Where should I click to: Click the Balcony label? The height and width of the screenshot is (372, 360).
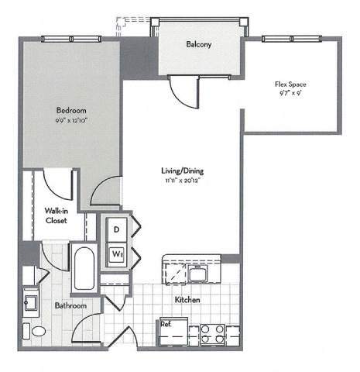click(199, 44)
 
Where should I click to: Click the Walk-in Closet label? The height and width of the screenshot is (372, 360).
click(55, 215)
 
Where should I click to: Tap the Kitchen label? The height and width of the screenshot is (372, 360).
click(188, 299)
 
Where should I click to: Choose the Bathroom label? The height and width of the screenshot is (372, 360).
click(70, 305)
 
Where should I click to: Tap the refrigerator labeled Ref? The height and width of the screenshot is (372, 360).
click(167, 325)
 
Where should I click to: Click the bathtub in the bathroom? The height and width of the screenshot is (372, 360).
click(83, 267)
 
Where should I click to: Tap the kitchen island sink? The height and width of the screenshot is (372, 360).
click(197, 272)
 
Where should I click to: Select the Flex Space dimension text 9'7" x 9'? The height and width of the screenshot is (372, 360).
click(290, 94)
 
